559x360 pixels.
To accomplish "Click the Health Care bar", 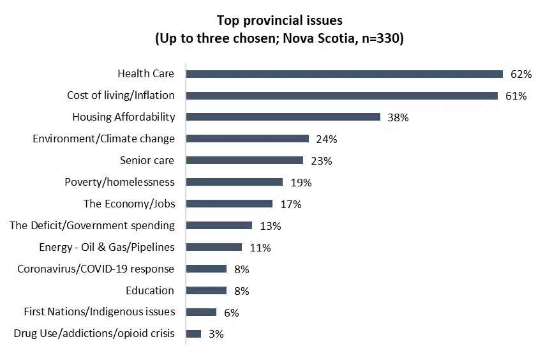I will (x=344, y=74).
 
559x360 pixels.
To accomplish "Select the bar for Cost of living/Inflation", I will (x=341, y=96).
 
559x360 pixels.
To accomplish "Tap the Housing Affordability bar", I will (x=283, y=117).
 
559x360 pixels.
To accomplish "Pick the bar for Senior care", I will (x=244, y=160).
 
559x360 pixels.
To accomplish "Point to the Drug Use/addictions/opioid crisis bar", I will (x=193, y=334).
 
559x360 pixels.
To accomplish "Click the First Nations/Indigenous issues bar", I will (x=201, y=312).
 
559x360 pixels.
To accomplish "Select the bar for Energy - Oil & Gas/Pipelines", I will (x=214, y=247).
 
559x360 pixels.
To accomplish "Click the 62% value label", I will (x=521, y=74).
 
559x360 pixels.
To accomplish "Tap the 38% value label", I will (x=398, y=117).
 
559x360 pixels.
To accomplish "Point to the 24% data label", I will (x=326, y=139).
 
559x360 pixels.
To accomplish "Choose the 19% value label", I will (x=301, y=183).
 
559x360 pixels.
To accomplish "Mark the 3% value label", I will (x=216, y=334).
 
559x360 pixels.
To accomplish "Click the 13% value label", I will (x=270, y=226).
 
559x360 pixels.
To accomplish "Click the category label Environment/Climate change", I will (x=103, y=139).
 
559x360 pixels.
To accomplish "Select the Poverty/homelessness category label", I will (x=119, y=182).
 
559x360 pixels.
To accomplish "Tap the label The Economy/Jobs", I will (x=129, y=204).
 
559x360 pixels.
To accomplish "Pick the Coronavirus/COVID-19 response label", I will (x=96, y=269).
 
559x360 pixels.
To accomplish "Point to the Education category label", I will (x=150, y=290).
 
